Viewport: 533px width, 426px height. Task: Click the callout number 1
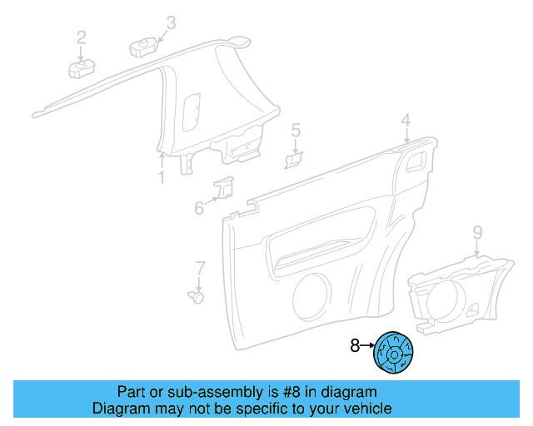tap(162, 178)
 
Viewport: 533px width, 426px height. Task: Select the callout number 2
tap(82, 37)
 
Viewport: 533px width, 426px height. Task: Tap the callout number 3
tap(171, 22)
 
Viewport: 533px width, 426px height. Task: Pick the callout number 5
tap(295, 130)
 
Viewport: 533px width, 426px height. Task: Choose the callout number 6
tap(199, 207)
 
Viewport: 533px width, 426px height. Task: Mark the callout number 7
tap(200, 268)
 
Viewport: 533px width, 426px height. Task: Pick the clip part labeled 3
tap(144, 43)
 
